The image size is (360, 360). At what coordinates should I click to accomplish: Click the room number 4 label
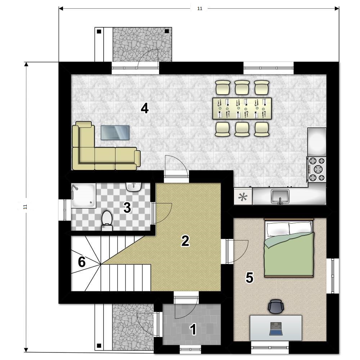click(x=145, y=108)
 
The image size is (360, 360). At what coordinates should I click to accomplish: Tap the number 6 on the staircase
click(x=82, y=262)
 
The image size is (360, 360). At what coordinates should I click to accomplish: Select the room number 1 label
click(x=193, y=329)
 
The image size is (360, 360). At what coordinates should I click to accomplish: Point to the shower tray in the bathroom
click(x=84, y=195)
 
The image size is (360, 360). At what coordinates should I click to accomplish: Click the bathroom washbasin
click(x=134, y=187)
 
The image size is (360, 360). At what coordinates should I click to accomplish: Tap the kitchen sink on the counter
click(x=280, y=197)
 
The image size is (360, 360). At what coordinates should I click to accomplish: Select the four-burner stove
click(x=317, y=170)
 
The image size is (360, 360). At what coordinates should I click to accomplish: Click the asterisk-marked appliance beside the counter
click(x=243, y=197)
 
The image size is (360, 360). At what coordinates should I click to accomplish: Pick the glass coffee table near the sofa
click(x=115, y=132)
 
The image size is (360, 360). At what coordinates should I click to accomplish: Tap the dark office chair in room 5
click(x=276, y=306)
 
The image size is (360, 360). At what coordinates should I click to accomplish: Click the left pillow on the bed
click(x=277, y=229)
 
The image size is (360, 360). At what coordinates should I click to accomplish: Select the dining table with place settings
click(x=242, y=108)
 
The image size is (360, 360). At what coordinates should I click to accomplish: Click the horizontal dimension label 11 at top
click(x=200, y=9)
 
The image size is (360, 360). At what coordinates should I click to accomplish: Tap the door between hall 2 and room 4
click(x=177, y=167)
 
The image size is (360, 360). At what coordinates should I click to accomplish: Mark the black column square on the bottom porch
click(x=99, y=346)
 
